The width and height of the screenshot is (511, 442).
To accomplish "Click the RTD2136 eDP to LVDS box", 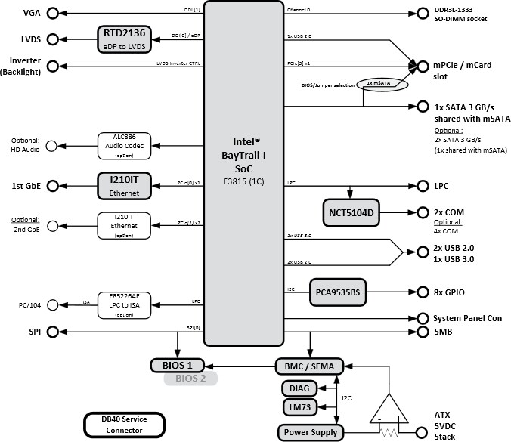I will (x=125, y=39).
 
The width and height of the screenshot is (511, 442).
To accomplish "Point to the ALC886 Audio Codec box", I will (x=125, y=144).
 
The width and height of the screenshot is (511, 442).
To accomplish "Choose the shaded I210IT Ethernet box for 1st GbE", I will (x=125, y=186).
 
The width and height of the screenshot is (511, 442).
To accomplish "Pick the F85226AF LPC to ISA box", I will (x=125, y=303).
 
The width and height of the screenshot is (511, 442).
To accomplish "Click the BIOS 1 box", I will (x=178, y=366).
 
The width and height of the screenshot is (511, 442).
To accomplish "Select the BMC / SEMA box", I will (x=308, y=366).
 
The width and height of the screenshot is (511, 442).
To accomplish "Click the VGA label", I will (x=32, y=14).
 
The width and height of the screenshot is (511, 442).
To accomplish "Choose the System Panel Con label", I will (x=466, y=318).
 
